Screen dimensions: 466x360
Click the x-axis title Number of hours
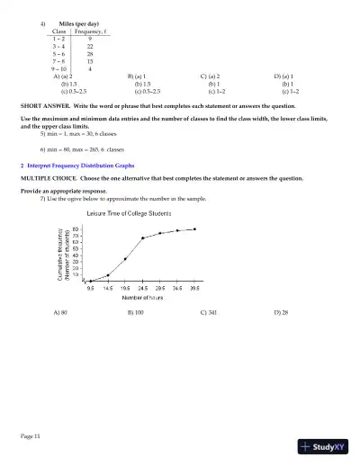click(x=142, y=296)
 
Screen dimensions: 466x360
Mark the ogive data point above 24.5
click(x=143, y=238)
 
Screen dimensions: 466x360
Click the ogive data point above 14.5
click(x=108, y=275)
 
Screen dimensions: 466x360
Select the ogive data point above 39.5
click(x=195, y=229)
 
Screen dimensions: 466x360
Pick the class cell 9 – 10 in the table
click(x=58, y=68)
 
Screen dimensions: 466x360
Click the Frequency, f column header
click(x=89, y=31)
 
